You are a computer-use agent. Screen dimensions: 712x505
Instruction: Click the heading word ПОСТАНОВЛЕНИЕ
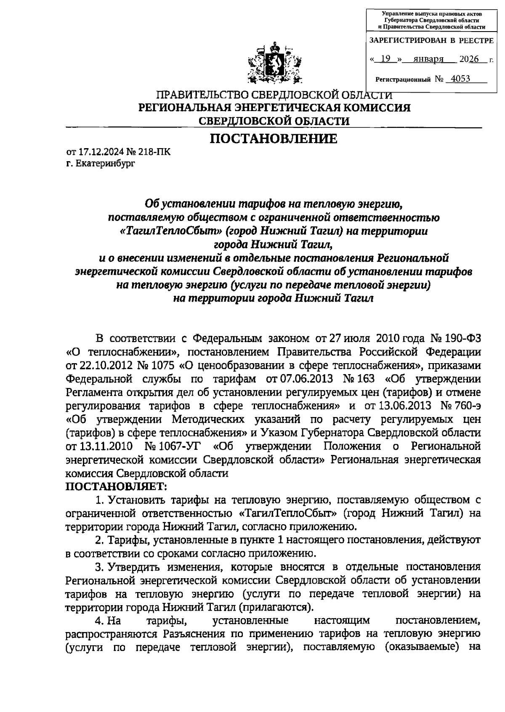(274, 138)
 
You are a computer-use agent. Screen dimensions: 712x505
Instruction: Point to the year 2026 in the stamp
(470, 59)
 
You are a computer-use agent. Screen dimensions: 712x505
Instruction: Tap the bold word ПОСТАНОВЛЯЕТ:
(116, 486)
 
